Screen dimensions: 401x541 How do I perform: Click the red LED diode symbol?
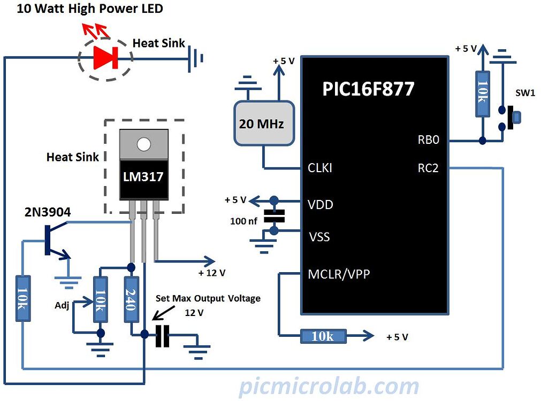pos(105,58)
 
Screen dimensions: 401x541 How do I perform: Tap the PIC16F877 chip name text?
pos(368,89)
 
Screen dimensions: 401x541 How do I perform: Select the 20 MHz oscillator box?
pos(264,124)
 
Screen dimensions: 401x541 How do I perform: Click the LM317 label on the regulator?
pos(143,176)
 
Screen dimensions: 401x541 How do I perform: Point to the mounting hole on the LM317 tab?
pos(143,144)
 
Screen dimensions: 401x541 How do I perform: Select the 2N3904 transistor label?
pos(48,212)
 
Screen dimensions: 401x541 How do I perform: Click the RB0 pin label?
pos(428,140)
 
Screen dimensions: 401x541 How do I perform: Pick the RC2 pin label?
pos(428,168)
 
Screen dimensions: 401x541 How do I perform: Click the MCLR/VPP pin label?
pos(339,274)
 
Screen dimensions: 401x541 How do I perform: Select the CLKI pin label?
pos(320,168)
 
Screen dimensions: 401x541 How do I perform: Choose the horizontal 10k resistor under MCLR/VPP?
pos(323,336)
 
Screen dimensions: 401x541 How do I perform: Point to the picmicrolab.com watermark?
pos(329,386)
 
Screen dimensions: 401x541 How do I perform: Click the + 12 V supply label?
pos(211,273)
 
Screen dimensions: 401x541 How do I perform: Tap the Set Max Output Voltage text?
pos(208,298)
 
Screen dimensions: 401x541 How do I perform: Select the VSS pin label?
pos(319,236)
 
